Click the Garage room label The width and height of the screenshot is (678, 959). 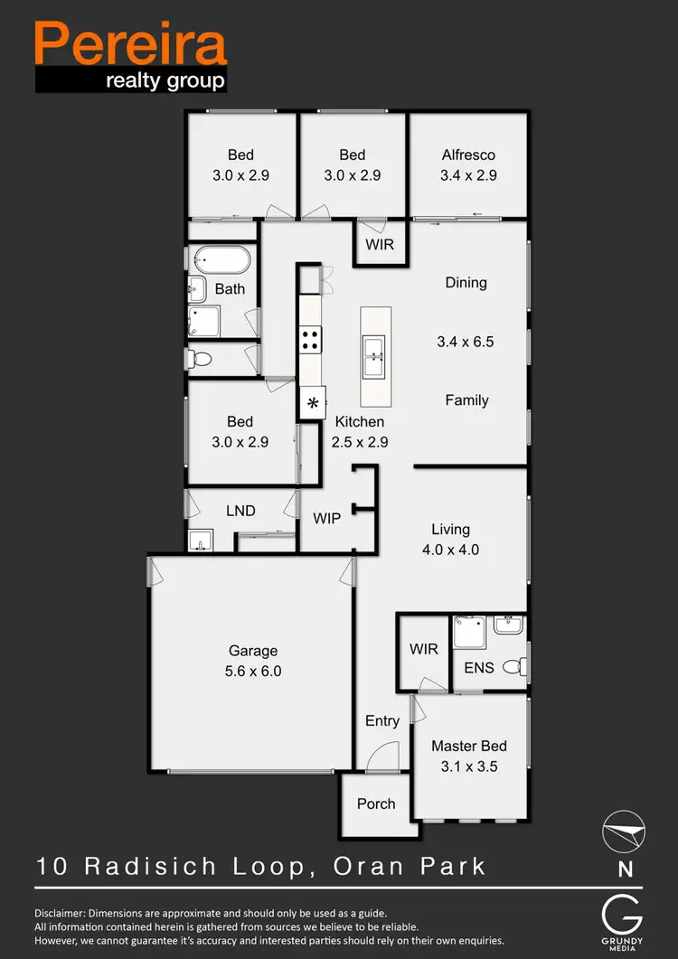[x=253, y=651]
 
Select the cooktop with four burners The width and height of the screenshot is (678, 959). [x=310, y=340]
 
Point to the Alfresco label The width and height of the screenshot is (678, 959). [x=468, y=155]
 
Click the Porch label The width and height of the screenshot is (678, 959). [x=376, y=804]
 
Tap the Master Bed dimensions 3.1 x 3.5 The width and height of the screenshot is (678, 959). [x=468, y=766]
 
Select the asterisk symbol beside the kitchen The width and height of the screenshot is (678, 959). [x=313, y=403]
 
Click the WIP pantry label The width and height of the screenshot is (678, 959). [x=326, y=519]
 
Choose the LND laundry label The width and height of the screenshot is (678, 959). [x=240, y=511]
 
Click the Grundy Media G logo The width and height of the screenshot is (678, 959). [x=625, y=917]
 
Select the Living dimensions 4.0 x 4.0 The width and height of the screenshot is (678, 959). [x=451, y=550]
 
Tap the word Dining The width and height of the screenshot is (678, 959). [x=466, y=283]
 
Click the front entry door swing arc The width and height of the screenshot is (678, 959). [x=386, y=756]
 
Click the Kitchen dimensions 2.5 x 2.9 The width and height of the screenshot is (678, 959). [x=360, y=443]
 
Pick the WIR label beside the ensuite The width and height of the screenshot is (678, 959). [x=423, y=649]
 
